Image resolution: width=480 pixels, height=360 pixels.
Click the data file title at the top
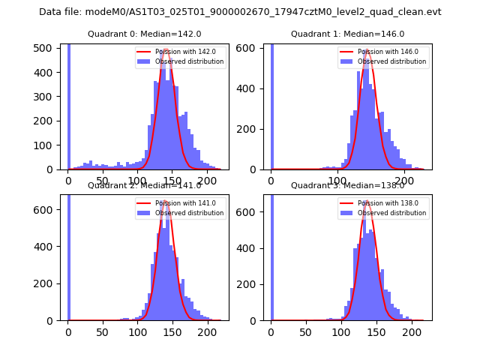coord(240,12)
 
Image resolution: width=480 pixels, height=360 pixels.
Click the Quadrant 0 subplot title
coord(144,34)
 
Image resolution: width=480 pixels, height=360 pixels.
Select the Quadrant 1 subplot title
coord(347,34)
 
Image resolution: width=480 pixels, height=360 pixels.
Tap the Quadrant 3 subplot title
coord(347,185)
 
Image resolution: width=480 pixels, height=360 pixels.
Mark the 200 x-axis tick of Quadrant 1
coord(405,181)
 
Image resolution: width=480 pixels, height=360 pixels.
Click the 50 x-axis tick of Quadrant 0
coord(103,181)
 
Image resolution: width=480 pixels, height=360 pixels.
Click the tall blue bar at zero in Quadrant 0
coord(69,105)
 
